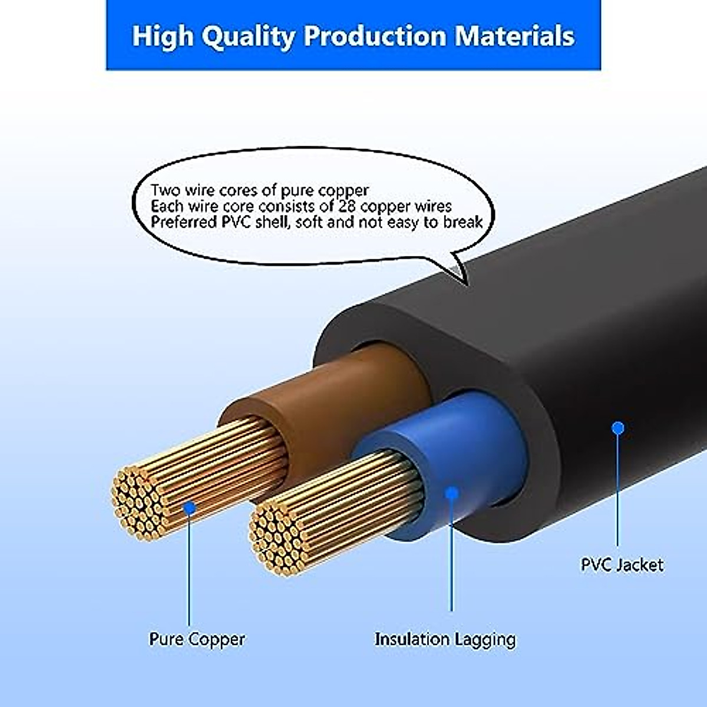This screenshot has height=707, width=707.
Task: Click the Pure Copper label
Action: coord(197,639)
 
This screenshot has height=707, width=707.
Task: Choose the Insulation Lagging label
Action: coord(445,639)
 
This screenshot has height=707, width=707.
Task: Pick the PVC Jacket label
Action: coord(622,565)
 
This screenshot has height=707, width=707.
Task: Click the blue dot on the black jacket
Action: coord(617,428)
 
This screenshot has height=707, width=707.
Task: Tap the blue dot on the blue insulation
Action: coord(452,493)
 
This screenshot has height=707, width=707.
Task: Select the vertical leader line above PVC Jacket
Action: coord(617,489)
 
